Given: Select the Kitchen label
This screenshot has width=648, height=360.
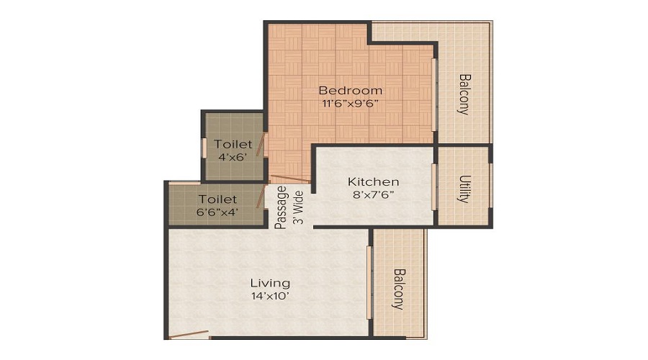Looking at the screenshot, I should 373,181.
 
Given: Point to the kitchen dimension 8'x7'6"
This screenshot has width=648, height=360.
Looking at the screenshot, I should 373,194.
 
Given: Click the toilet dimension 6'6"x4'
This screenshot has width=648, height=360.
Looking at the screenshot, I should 218,212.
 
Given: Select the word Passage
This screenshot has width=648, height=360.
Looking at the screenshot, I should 282,207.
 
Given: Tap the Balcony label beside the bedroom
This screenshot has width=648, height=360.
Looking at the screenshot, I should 464,94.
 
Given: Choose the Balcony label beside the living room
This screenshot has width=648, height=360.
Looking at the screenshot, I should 399,289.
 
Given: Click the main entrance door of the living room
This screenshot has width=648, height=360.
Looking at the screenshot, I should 189,334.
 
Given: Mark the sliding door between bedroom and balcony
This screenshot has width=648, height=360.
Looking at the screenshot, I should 433,94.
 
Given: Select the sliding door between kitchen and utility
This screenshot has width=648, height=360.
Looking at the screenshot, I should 433,187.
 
